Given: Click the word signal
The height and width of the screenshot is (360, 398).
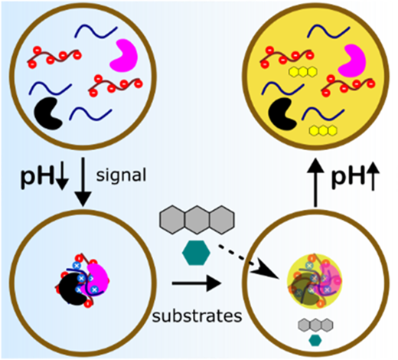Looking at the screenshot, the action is pos(121,176).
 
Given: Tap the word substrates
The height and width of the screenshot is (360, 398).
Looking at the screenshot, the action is pos(197,316).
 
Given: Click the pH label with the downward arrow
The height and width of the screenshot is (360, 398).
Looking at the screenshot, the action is pos(44,177).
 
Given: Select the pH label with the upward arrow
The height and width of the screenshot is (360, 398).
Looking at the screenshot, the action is pos(355,176).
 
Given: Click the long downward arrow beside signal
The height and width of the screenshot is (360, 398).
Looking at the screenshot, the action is pos(83,182).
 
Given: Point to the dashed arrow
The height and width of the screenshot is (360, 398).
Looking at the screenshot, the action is pos(248,262).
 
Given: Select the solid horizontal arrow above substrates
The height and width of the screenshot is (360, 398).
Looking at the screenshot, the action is pos(197,283).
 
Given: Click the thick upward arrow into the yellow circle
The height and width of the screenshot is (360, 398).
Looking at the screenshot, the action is pos(315,182).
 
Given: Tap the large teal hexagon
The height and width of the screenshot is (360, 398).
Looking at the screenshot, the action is pos(196,253).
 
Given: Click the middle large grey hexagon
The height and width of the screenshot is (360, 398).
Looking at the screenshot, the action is pos(197,220).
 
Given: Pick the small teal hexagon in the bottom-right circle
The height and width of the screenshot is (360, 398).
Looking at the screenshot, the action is pos(315,340).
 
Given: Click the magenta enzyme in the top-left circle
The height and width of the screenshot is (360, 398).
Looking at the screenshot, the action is pos(125,56).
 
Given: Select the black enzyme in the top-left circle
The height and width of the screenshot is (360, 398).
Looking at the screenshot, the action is pos(48,113).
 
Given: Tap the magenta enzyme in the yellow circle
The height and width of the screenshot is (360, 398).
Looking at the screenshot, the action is pos(353,61).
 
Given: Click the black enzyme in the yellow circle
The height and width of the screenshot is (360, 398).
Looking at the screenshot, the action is pos(282,114).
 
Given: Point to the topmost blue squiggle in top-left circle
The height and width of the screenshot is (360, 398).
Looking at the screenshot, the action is pos(96,31).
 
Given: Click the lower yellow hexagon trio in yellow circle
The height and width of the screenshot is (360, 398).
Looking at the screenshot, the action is pos(323,130).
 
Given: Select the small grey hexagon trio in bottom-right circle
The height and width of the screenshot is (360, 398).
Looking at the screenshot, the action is pos(315,325).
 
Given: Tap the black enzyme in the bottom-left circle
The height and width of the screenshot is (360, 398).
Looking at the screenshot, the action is pos(72,290).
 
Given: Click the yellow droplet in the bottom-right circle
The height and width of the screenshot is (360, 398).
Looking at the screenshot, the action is pos(315,281).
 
